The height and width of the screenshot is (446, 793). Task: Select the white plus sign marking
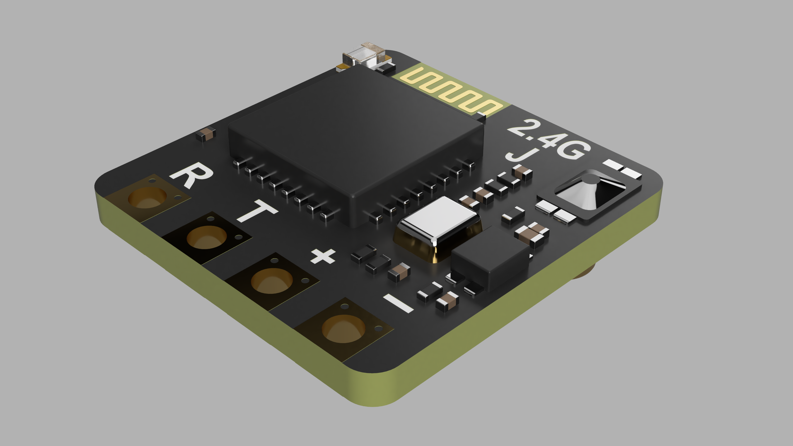323,256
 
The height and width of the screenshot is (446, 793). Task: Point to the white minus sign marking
398,303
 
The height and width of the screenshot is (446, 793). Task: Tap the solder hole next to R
147,198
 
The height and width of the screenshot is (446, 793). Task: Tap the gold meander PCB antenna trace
450,91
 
